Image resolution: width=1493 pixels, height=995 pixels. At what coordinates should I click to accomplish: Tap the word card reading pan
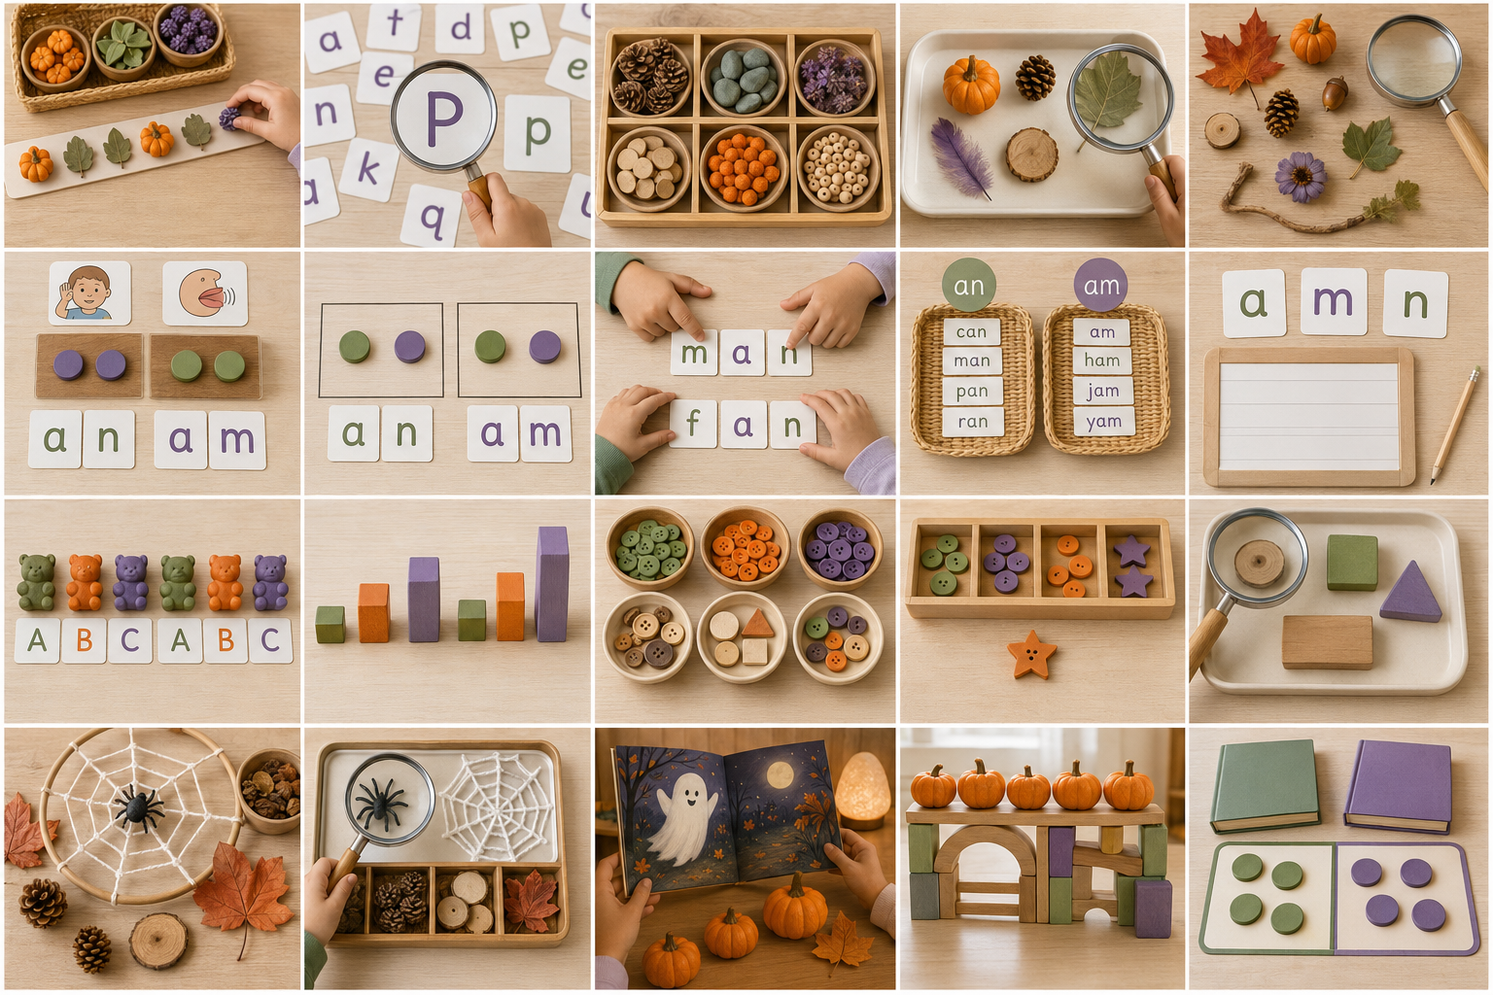(x=972, y=392)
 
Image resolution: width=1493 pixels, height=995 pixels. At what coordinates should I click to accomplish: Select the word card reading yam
(x=1104, y=421)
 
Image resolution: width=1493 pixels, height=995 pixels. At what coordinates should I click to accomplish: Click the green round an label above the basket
(x=968, y=285)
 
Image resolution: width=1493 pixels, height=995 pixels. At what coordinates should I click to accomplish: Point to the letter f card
(x=693, y=424)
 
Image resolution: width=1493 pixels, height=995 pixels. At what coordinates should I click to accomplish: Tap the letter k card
(x=368, y=169)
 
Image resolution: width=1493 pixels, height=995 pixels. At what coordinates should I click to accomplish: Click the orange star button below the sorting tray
(x=1031, y=654)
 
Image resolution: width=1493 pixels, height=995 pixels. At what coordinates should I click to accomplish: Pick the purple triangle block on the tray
(x=1410, y=593)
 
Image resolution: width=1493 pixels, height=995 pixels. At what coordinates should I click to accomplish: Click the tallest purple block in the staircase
(x=552, y=584)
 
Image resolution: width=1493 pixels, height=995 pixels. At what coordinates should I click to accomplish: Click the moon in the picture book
(x=780, y=775)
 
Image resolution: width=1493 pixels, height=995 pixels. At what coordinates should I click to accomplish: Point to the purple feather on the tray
(x=959, y=158)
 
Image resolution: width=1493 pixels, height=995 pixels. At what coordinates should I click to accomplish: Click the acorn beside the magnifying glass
(x=1335, y=93)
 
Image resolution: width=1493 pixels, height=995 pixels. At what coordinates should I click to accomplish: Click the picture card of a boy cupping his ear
(x=90, y=293)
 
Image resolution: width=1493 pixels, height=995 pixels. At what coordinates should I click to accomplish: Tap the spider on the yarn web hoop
(x=138, y=807)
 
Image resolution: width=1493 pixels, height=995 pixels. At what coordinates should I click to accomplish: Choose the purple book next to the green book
(x=1399, y=785)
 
